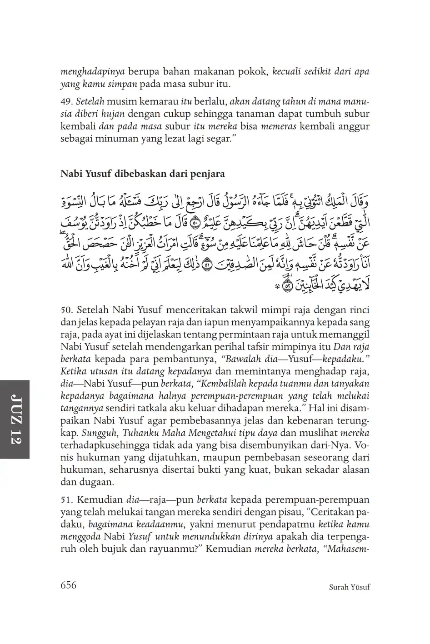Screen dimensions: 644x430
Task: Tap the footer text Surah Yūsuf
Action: pyautogui.click(x=349, y=587)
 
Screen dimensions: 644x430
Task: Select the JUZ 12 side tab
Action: pyautogui.click(x=15, y=419)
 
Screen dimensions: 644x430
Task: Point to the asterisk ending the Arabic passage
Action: pyautogui.click(x=276, y=287)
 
